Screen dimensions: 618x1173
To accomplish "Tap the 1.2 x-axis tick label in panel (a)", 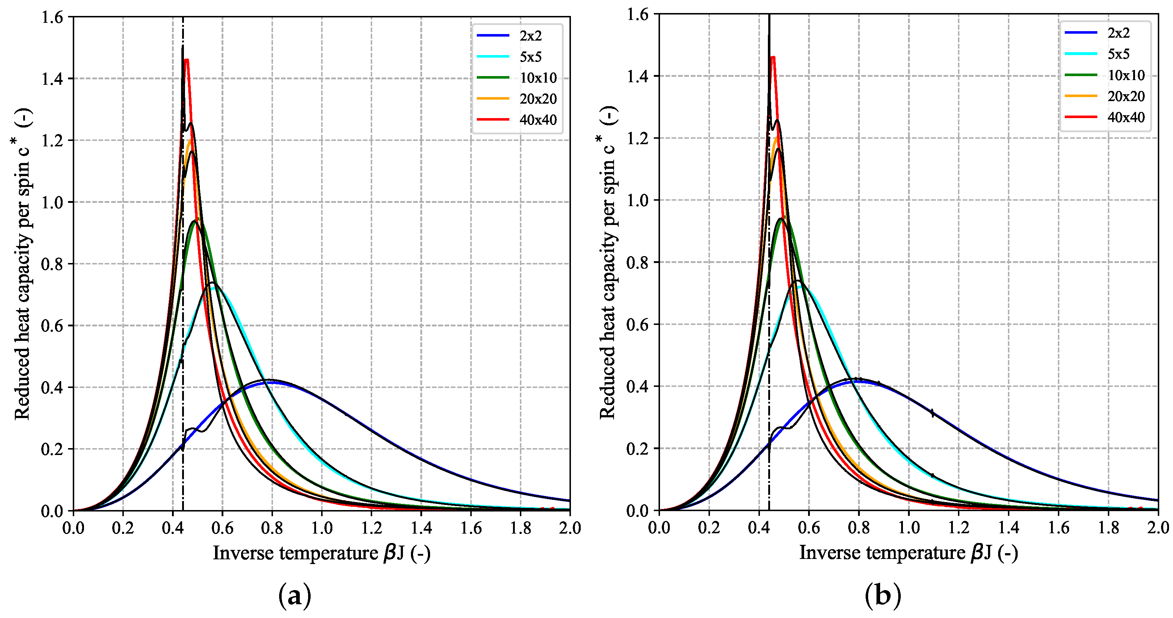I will point(371,528).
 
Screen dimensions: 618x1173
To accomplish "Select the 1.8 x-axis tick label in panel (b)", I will point(1108,528).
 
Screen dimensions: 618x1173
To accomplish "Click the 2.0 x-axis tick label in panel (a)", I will point(569,528).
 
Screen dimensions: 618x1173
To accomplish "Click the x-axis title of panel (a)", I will point(321,553).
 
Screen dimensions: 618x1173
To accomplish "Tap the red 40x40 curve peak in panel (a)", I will point(186,60).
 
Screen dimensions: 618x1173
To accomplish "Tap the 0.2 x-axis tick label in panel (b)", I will point(709,528).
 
